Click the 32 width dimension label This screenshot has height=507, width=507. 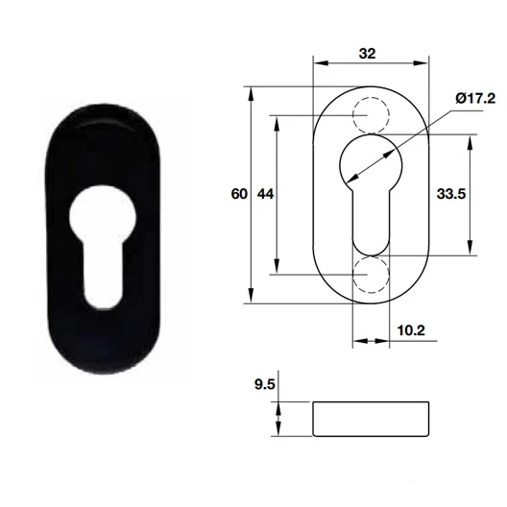[x=366, y=54]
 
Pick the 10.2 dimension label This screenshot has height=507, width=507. [x=410, y=328]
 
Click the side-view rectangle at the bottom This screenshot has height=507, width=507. [x=372, y=418]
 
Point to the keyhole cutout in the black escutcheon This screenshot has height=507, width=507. [x=96, y=240]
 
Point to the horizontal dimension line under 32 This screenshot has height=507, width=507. [x=372, y=65]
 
